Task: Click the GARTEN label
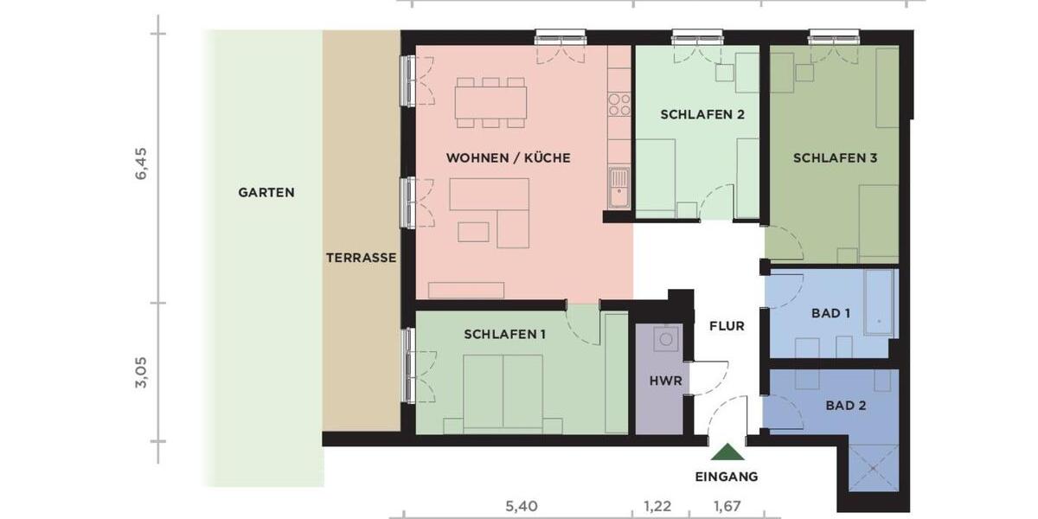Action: [x=266, y=193]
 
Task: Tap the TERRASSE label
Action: [x=361, y=258]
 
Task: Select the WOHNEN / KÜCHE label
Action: [x=508, y=158]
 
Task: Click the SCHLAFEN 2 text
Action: [x=702, y=114]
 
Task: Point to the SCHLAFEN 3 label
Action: [x=835, y=158]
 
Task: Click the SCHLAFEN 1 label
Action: [x=504, y=335]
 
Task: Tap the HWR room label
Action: [x=666, y=381]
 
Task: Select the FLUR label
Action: [x=727, y=327]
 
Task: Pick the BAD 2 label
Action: [x=845, y=405]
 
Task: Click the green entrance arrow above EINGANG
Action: [x=727, y=452]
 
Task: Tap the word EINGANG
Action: [x=727, y=477]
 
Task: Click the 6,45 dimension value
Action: [x=142, y=163]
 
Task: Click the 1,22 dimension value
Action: [x=657, y=504]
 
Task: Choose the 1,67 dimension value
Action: [x=727, y=504]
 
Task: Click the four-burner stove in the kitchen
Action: [x=619, y=105]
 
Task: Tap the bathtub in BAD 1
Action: [x=879, y=302]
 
